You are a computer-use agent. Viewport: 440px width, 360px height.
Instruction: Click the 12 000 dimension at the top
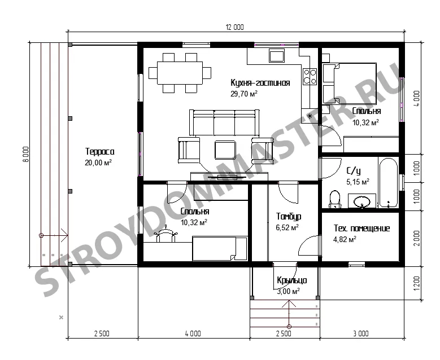point(235,27)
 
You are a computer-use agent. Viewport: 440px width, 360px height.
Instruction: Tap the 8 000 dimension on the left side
point(25,154)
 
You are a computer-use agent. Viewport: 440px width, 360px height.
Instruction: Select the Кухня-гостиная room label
point(260,83)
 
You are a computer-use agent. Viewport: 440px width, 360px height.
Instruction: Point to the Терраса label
point(99,152)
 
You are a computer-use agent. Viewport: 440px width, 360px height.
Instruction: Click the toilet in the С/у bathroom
point(334,200)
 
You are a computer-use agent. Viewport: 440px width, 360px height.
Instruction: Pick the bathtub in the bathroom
point(389,182)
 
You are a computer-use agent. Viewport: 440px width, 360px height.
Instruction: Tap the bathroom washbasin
point(362,201)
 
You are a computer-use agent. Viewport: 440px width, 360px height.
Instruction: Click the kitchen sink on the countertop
point(277,55)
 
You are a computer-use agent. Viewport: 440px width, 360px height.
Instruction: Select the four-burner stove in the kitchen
point(310,77)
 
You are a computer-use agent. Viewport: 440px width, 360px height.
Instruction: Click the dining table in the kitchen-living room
point(180,73)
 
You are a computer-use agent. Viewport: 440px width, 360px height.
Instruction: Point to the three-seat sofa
point(224,124)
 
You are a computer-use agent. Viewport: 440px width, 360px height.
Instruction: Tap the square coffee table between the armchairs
point(225,150)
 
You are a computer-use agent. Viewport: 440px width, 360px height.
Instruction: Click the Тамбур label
point(289,216)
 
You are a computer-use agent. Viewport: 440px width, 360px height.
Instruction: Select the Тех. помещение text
point(361,228)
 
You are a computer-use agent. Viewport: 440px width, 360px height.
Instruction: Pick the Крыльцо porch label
point(292,280)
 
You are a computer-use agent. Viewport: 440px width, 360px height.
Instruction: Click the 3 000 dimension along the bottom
point(361,333)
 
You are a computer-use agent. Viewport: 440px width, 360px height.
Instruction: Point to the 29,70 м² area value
point(244,94)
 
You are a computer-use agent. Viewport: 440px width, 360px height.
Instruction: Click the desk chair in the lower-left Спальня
point(165,234)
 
